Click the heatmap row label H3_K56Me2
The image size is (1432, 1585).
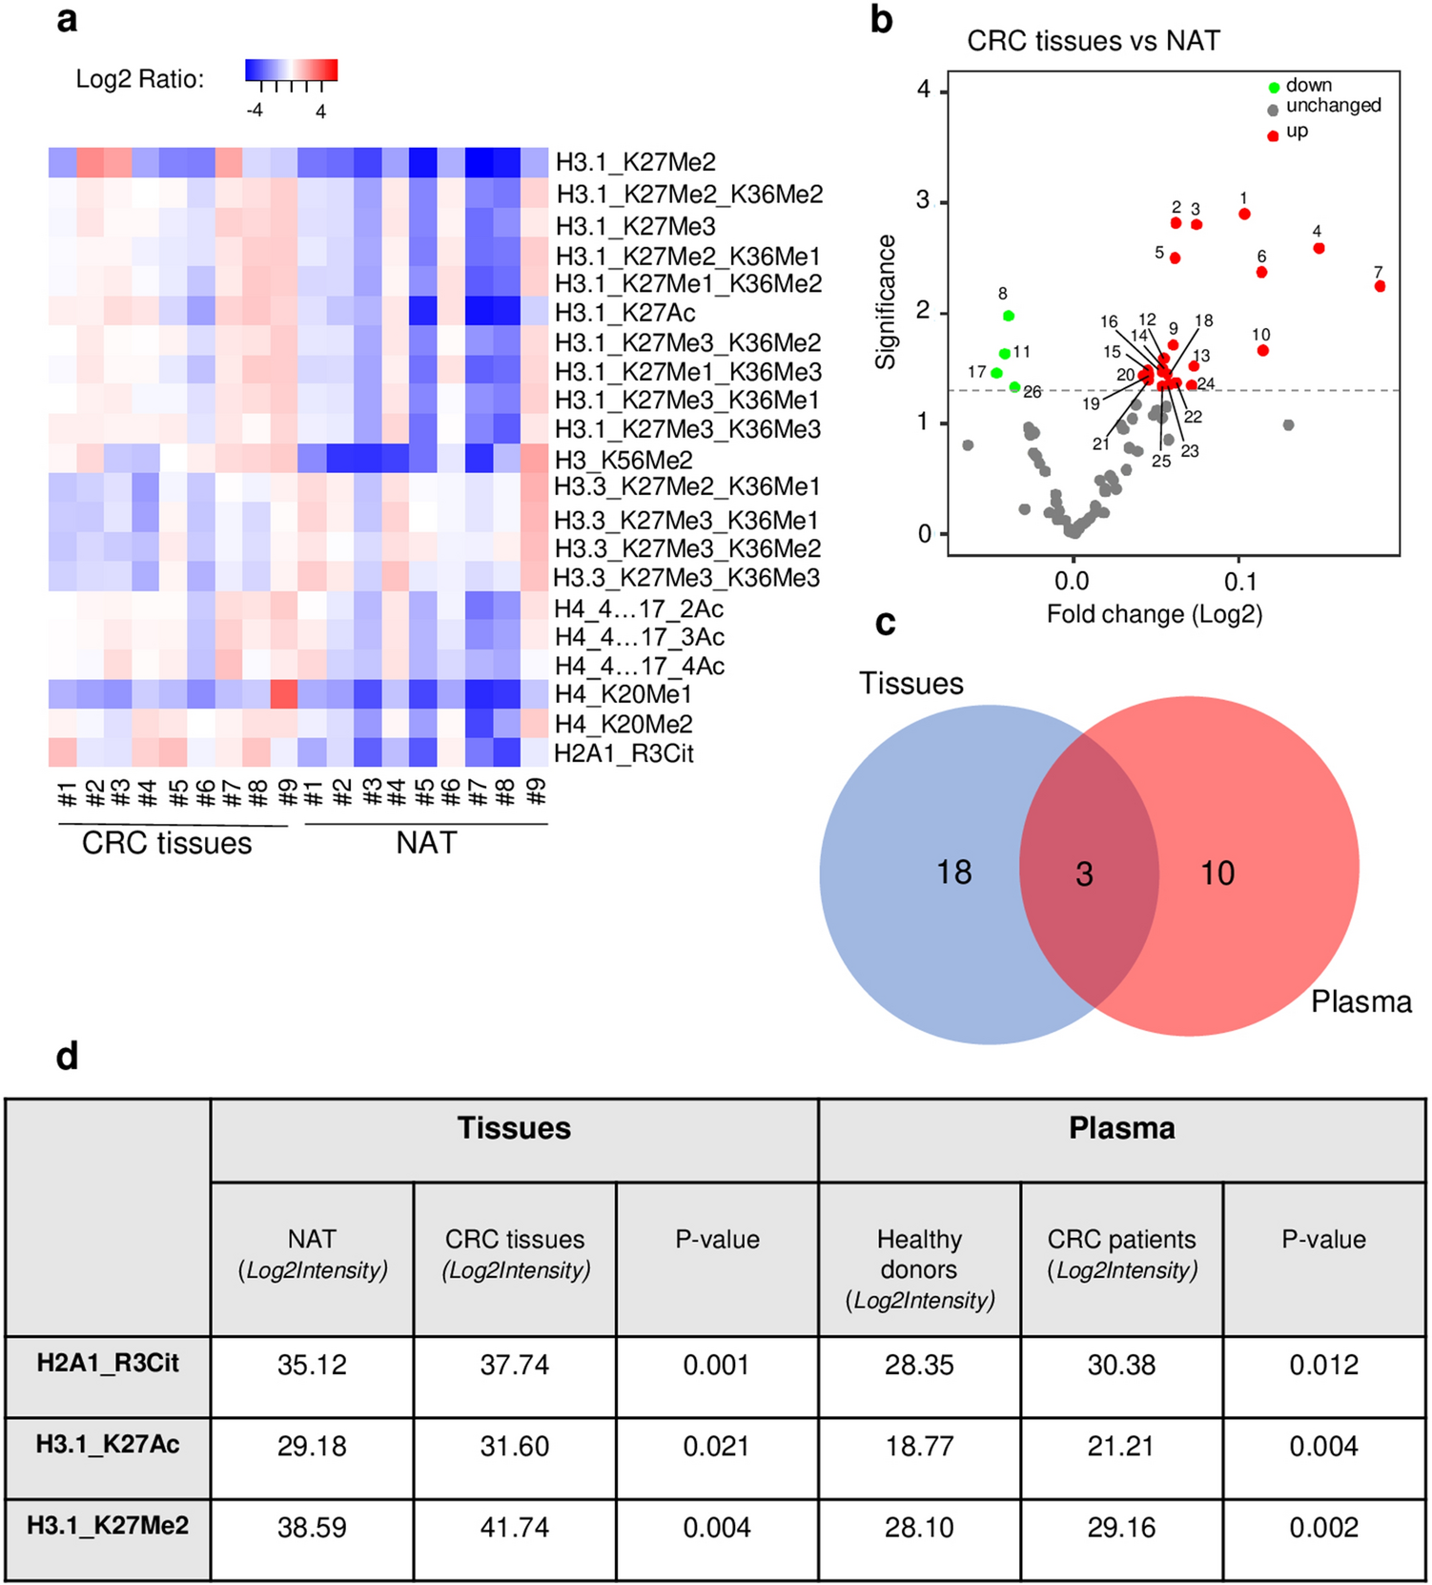[624, 460]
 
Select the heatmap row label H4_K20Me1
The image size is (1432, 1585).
[624, 694]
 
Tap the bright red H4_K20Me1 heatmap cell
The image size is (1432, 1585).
[284, 694]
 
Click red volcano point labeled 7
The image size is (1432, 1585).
[1380, 286]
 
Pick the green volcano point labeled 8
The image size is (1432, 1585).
[1009, 316]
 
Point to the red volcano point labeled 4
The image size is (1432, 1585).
[1319, 248]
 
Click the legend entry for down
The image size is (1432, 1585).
[1308, 86]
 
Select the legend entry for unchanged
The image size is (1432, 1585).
[1333, 106]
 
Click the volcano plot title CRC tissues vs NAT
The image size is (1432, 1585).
[1093, 41]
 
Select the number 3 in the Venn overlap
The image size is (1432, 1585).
[1084, 875]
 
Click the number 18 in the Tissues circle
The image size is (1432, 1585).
[953, 872]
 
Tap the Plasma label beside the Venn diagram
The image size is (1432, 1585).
[1360, 1001]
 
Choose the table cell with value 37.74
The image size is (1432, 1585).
[515, 1366]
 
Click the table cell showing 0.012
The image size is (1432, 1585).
[1323, 1366]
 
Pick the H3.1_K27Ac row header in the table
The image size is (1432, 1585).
[108, 1445]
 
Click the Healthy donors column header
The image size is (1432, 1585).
[919, 1268]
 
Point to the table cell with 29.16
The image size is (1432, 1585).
[1121, 1528]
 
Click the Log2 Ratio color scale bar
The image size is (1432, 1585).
[291, 70]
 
